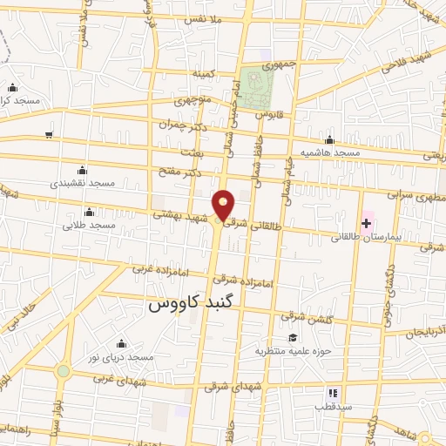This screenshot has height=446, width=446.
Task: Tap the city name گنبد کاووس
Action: (193, 305)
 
